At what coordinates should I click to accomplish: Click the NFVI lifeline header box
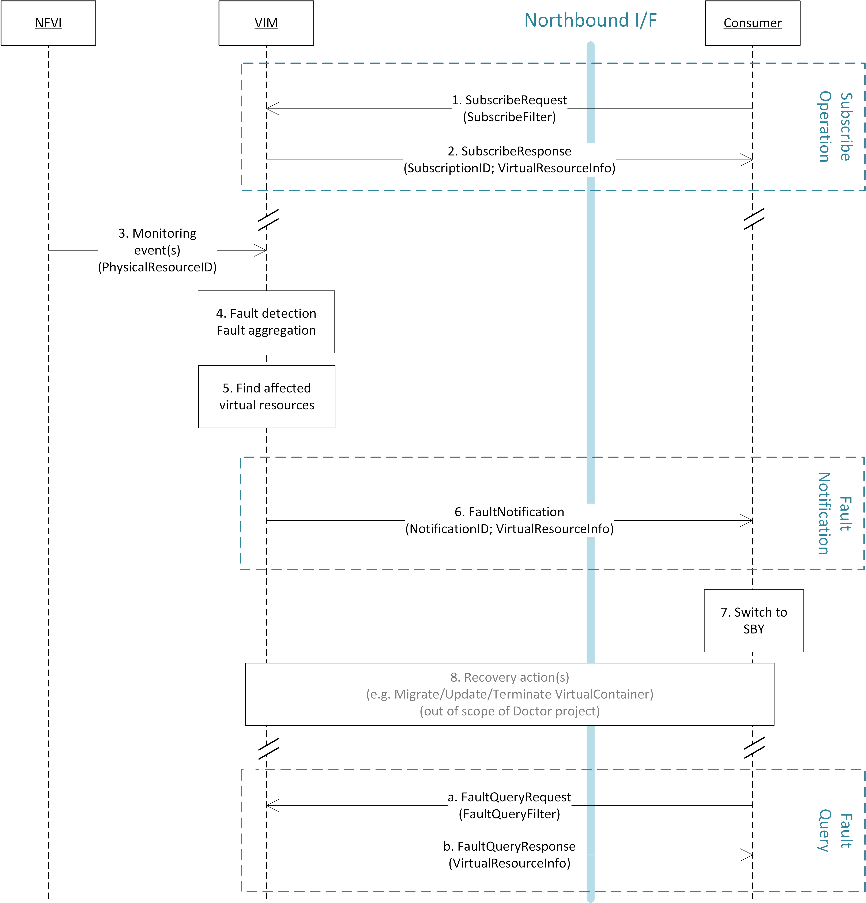click(x=48, y=23)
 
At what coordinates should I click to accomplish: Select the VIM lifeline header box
click(x=266, y=23)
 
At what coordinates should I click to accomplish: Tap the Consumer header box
click(x=752, y=23)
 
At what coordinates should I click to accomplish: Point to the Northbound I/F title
click(x=591, y=20)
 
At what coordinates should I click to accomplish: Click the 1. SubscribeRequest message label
click(x=509, y=108)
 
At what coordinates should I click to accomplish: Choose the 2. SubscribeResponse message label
click(x=509, y=159)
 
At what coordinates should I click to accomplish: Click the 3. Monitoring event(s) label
click(x=157, y=250)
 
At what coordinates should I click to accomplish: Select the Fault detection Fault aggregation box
click(x=266, y=321)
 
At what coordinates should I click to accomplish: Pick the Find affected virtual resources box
click(x=267, y=397)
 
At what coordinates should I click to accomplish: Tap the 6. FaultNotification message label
click(x=509, y=520)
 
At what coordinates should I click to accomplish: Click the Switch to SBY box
click(x=754, y=621)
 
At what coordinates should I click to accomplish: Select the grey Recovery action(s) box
click(x=509, y=694)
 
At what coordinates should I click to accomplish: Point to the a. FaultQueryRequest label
click(x=509, y=805)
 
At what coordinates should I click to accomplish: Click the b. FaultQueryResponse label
click(x=509, y=855)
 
